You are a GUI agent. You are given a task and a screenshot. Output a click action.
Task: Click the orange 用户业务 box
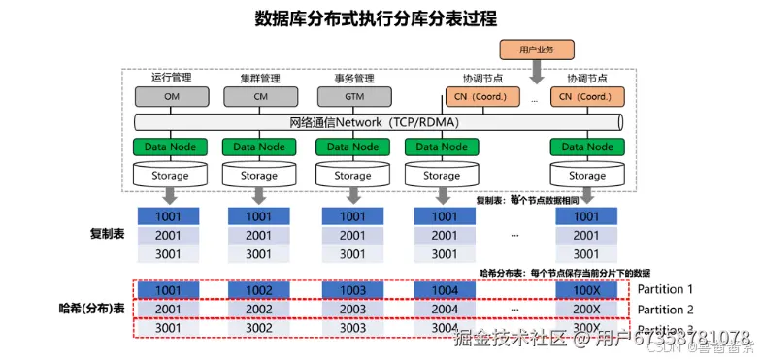tap(537, 49)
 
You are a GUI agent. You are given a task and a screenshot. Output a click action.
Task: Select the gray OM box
tap(171, 96)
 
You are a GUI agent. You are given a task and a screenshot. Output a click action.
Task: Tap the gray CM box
tap(259, 96)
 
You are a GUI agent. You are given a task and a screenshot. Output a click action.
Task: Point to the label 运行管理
tap(171, 77)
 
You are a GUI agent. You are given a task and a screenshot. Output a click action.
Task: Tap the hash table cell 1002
tap(259, 290)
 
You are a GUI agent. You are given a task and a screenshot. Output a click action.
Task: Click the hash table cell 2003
tap(352, 309)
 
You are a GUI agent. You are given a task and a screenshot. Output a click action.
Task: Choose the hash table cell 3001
tap(168, 328)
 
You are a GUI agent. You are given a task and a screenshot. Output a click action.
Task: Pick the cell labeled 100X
tap(586, 290)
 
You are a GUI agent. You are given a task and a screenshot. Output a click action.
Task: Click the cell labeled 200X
tap(586, 309)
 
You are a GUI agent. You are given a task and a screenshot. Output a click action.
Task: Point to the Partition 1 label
tap(665, 289)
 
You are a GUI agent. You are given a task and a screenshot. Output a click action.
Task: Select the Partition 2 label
tap(665, 309)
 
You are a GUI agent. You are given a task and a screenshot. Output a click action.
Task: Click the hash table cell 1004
tap(444, 290)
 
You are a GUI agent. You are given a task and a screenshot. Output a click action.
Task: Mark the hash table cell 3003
tap(352, 328)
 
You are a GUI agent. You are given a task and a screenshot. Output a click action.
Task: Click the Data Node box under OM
tap(171, 147)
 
